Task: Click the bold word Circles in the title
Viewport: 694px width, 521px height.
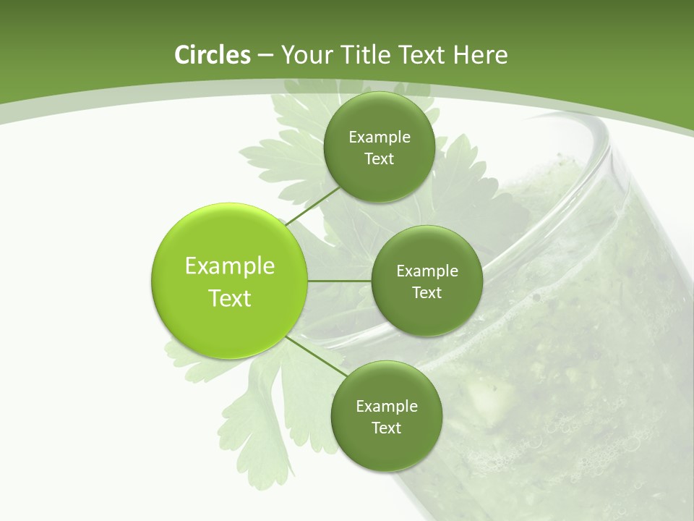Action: (213, 55)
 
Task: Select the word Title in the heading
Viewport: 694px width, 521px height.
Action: (369, 55)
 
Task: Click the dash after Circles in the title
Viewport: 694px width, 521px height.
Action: (265, 56)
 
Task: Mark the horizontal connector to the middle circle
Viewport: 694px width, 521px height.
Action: (340, 281)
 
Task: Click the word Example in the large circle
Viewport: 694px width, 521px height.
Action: (230, 266)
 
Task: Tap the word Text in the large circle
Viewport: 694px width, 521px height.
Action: (230, 298)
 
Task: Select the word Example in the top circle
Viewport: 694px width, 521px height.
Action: (380, 137)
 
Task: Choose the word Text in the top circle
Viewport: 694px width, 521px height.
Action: (380, 159)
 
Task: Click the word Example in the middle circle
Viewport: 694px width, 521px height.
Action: (427, 271)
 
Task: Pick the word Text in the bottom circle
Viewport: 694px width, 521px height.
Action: (386, 428)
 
